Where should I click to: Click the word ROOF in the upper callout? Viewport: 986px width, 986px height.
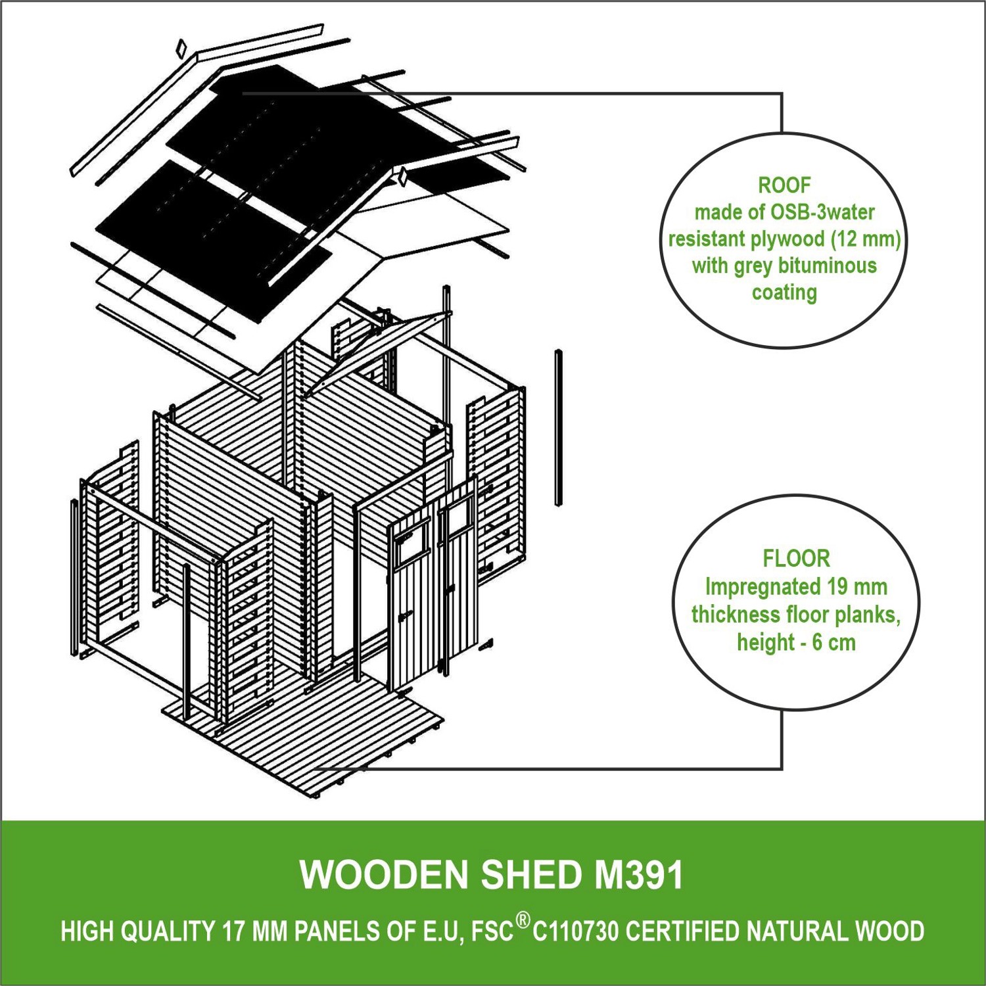pyautogui.click(x=784, y=185)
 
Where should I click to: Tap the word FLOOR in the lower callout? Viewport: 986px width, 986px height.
pyautogui.click(x=796, y=559)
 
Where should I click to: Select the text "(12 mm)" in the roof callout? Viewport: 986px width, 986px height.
pyautogui.click(x=866, y=239)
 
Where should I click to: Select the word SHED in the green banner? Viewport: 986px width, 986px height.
pyautogui.click(x=531, y=875)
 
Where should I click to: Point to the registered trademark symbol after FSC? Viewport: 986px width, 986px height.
pyautogui.click(x=522, y=920)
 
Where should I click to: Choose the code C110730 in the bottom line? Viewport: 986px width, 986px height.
pyautogui.click(x=575, y=931)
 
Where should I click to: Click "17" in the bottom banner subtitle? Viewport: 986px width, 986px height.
pyautogui.click(x=233, y=931)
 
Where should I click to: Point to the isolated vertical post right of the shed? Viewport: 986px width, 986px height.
pyautogui.click(x=559, y=427)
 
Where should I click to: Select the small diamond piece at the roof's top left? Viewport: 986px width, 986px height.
pyautogui.click(x=181, y=47)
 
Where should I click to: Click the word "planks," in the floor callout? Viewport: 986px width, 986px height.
pyautogui.click(x=868, y=615)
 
